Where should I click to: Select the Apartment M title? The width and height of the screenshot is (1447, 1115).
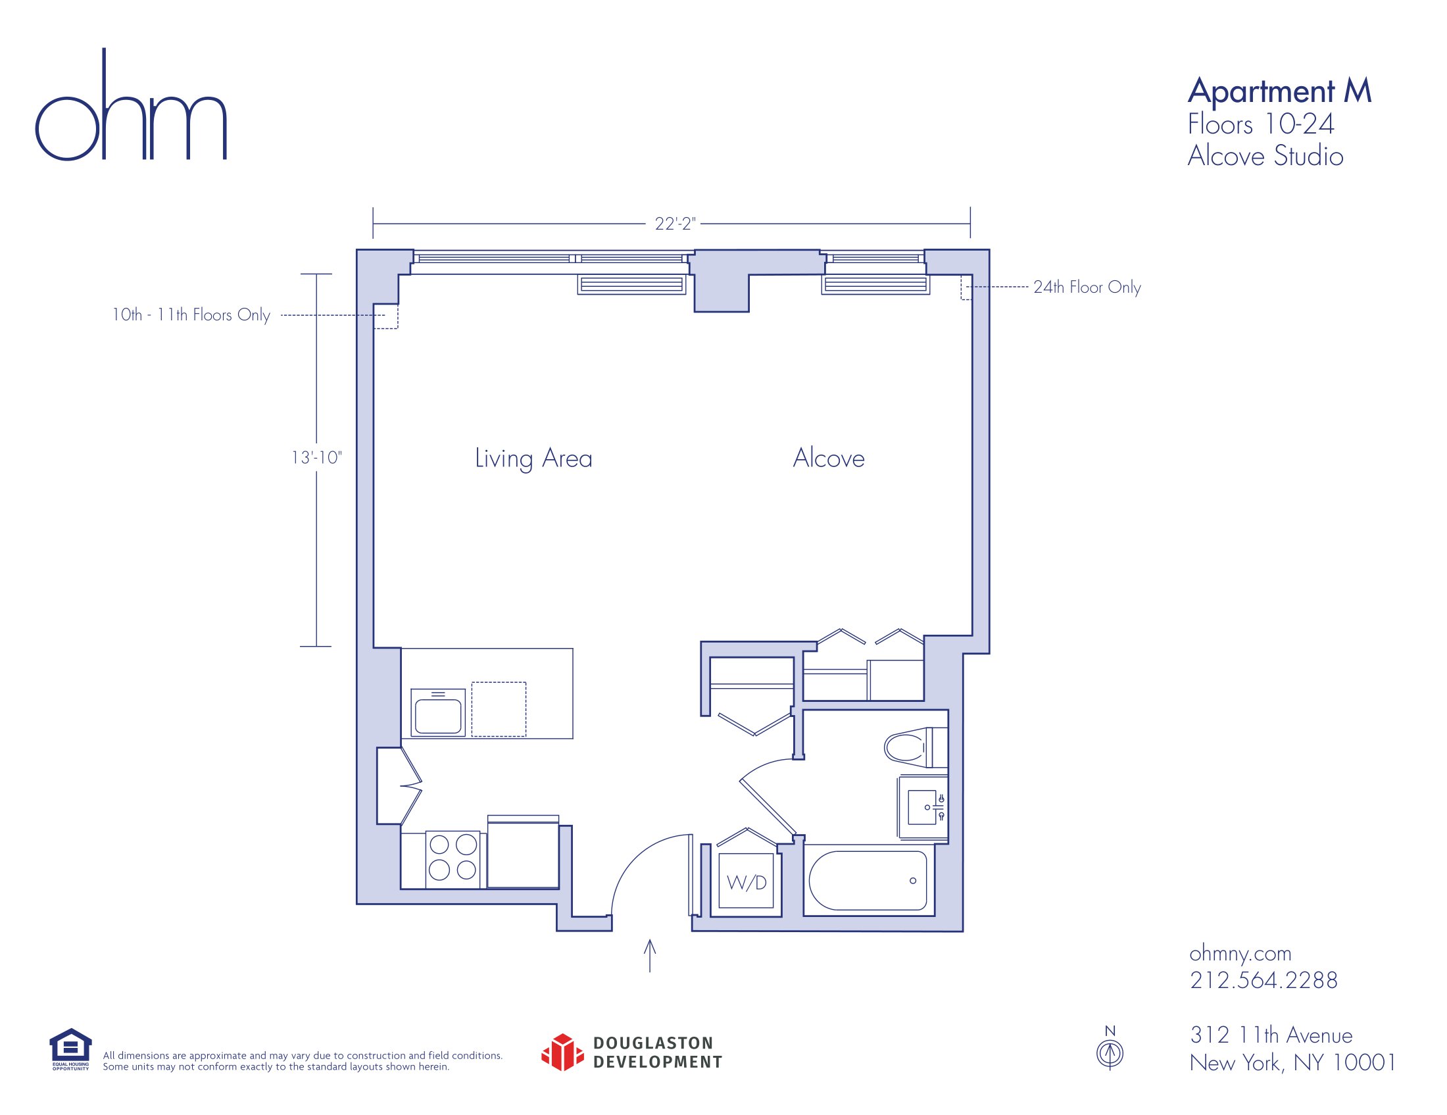click(x=1279, y=91)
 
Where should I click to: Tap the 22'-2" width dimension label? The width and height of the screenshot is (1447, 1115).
click(x=675, y=224)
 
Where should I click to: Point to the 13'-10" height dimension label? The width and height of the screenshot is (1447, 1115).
click(x=317, y=458)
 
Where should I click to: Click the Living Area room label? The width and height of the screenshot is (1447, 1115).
click(x=533, y=458)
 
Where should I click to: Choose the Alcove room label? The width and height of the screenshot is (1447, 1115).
click(x=829, y=458)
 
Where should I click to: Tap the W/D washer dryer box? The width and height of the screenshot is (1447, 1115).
click(x=746, y=883)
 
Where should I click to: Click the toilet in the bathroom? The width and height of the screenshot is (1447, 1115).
click(x=916, y=747)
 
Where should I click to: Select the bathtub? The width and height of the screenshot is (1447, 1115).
click(x=868, y=880)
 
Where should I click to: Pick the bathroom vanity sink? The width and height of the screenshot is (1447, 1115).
click(x=923, y=808)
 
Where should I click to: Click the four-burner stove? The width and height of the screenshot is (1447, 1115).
click(x=453, y=858)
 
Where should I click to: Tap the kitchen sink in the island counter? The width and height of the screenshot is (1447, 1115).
click(x=438, y=713)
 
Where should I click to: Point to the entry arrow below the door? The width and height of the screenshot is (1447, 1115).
click(x=650, y=955)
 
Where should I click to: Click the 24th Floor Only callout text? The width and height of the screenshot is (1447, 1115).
click(x=1087, y=287)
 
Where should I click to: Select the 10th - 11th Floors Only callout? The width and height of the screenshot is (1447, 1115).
click(x=191, y=314)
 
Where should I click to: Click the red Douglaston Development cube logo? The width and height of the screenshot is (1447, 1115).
click(x=562, y=1052)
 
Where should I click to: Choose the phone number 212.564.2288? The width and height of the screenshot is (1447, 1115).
click(x=1263, y=980)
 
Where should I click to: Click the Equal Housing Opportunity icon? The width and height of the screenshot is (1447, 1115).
click(x=70, y=1049)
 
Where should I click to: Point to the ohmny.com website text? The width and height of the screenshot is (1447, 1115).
click(x=1240, y=953)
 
